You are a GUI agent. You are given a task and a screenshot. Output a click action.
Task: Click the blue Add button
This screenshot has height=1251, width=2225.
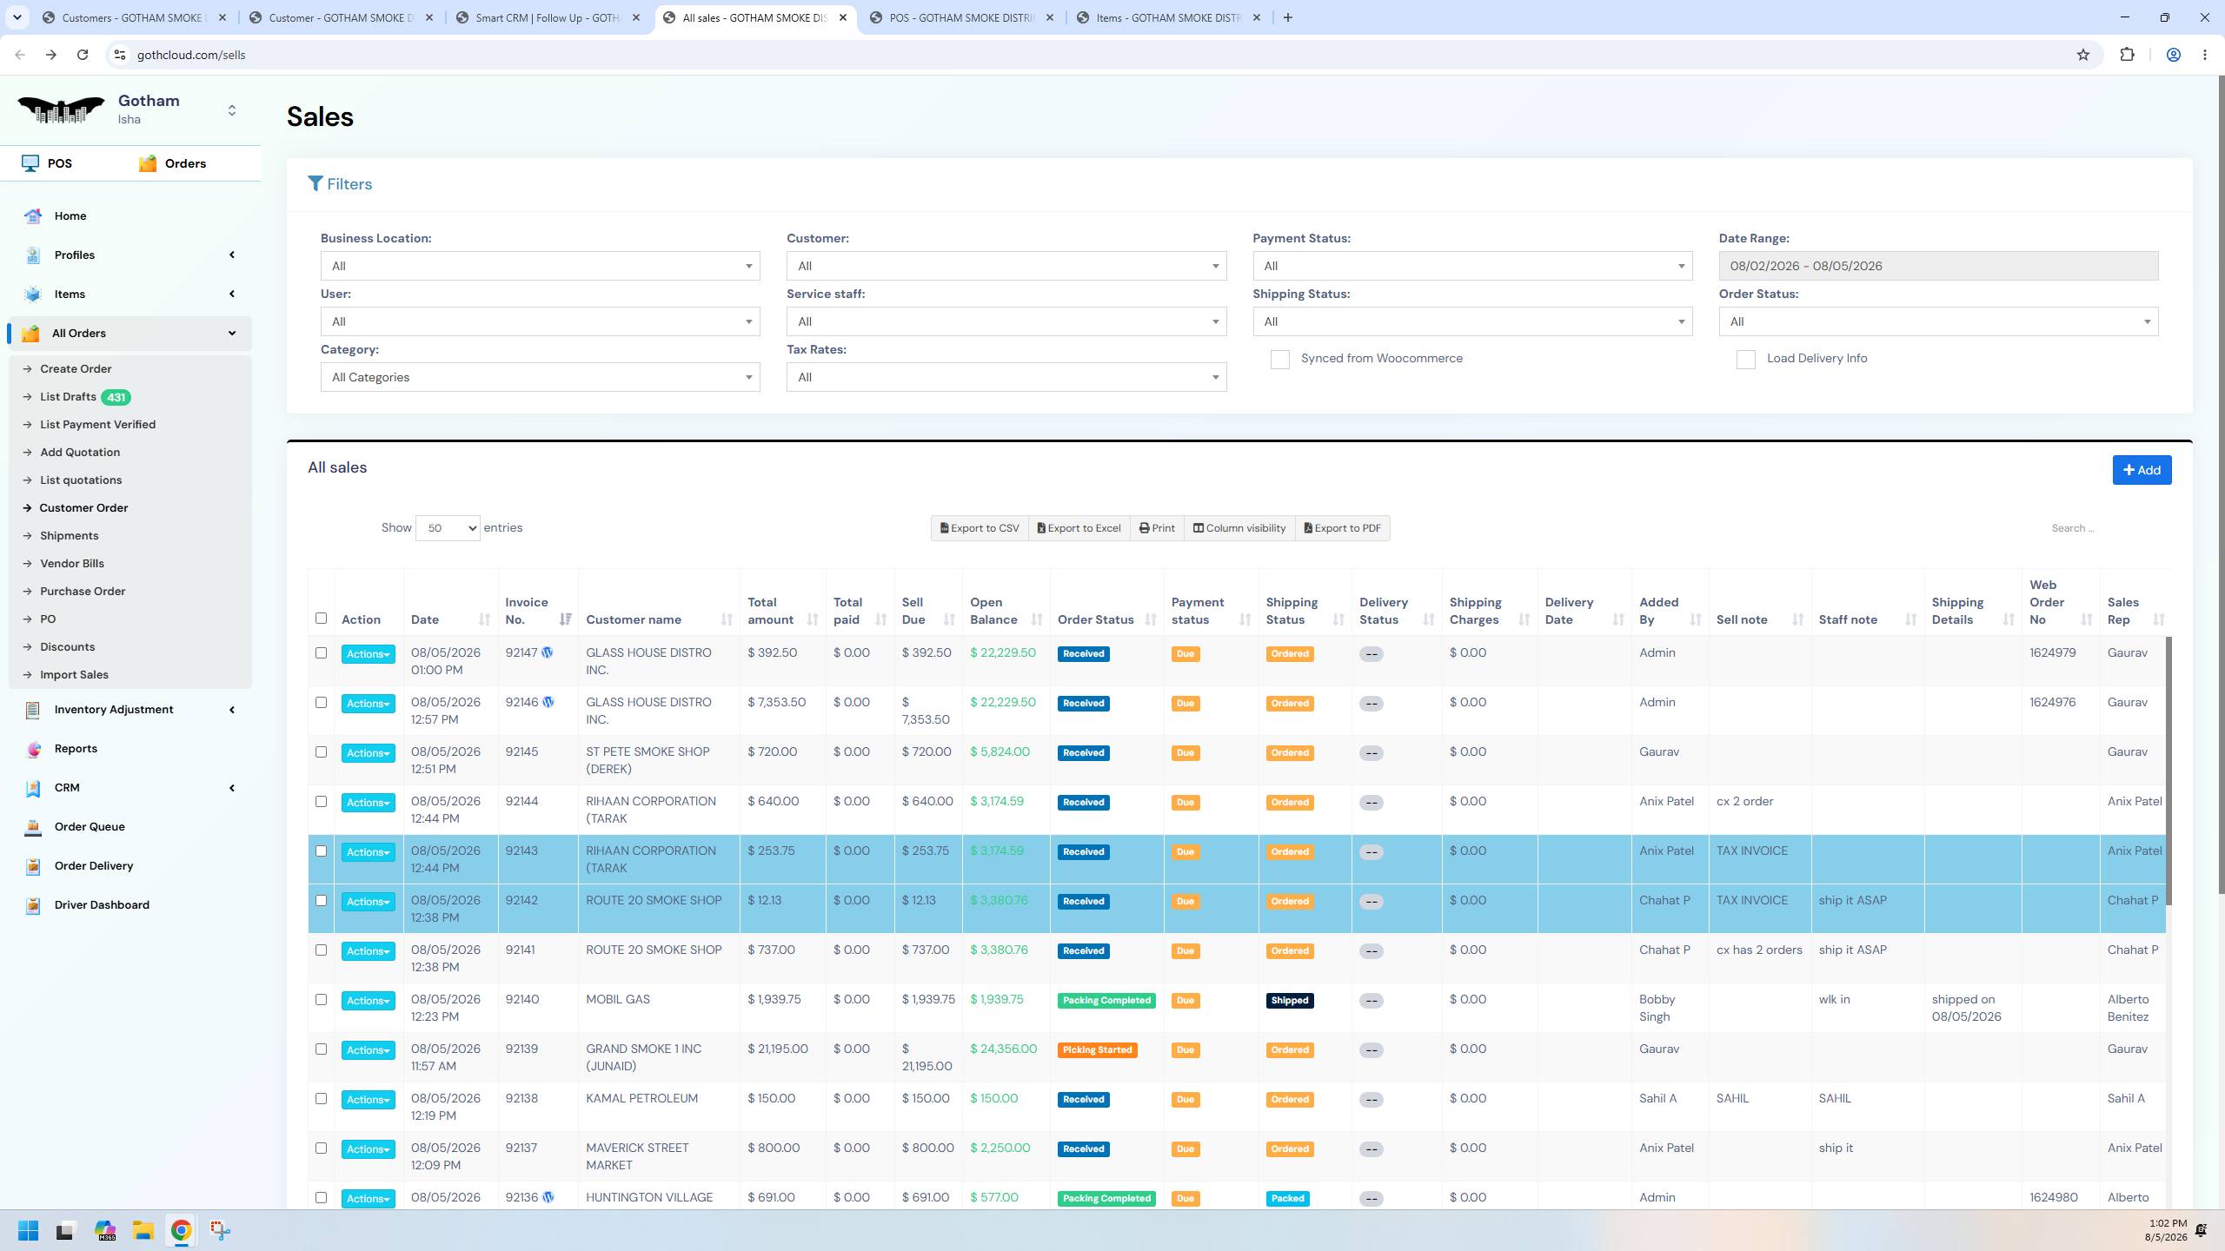tap(2142, 470)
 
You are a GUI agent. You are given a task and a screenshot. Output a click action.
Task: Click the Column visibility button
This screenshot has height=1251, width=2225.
tap(1239, 528)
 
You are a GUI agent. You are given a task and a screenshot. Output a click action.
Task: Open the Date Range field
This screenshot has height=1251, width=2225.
tap(1938, 266)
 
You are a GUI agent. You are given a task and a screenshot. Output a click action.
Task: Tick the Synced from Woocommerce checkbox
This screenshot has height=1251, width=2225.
tap(1279, 360)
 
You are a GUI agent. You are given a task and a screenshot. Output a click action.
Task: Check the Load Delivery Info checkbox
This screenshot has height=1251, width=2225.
tap(1745, 360)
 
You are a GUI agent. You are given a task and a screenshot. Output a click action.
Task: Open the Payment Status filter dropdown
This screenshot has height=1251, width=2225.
tap(1472, 266)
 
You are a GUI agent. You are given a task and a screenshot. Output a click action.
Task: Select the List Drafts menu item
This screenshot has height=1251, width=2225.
tap(68, 397)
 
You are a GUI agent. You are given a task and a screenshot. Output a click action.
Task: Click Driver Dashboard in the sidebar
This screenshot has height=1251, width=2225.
tap(102, 905)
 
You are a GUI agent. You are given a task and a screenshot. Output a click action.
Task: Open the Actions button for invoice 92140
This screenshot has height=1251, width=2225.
tap(368, 1001)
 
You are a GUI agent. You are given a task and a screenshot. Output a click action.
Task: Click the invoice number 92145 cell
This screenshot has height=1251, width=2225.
tap(521, 752)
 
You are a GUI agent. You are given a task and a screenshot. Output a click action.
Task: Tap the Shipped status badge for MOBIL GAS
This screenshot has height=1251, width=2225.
tap(1290, 1001)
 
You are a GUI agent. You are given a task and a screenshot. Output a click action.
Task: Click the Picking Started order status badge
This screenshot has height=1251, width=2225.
tap(1097, 1050)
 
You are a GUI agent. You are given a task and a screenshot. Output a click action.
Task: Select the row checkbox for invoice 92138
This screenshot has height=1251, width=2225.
tap(321, 1099)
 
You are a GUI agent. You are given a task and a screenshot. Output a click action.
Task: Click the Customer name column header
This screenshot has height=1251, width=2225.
tap(634, 619)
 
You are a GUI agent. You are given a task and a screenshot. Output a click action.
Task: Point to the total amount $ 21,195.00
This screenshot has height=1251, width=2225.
tap(778, 1049)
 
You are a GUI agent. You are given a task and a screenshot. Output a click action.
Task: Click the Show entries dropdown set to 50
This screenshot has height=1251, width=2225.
tap(448, 528)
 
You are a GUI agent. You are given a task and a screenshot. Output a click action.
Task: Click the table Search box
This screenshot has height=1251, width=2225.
tap(2103, 528)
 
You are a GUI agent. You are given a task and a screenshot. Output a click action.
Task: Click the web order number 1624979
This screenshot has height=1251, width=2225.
tap(2053, 653)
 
